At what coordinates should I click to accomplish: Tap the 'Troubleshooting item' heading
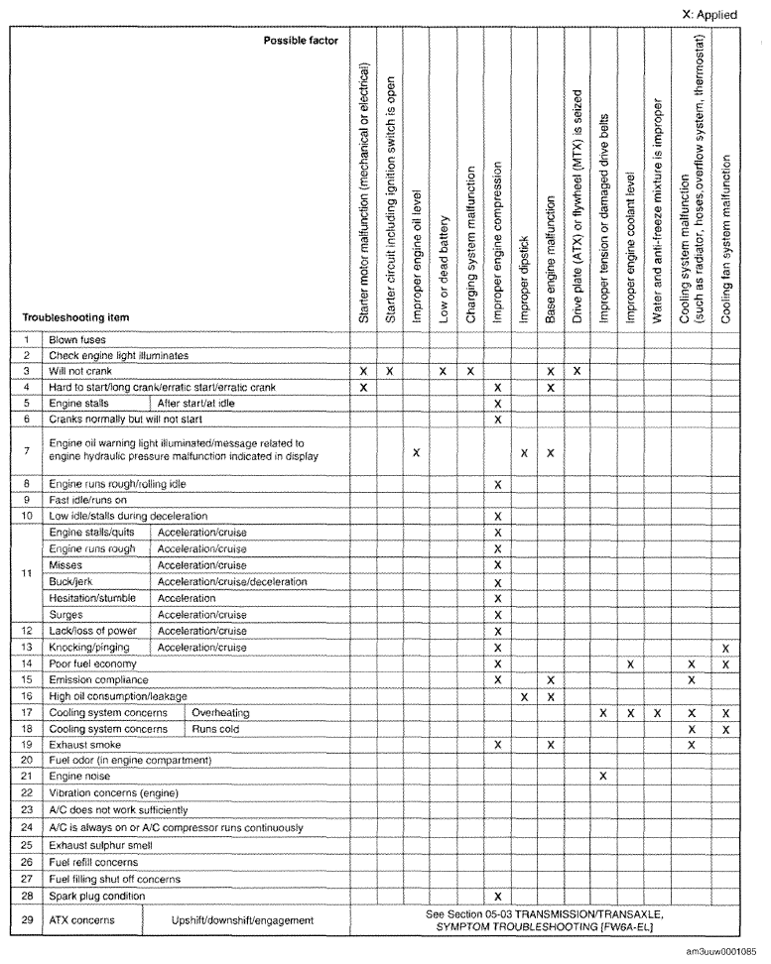pos(79,316)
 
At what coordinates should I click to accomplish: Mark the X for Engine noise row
pos(602,776)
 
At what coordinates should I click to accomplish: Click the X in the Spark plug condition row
pos(497,896)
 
